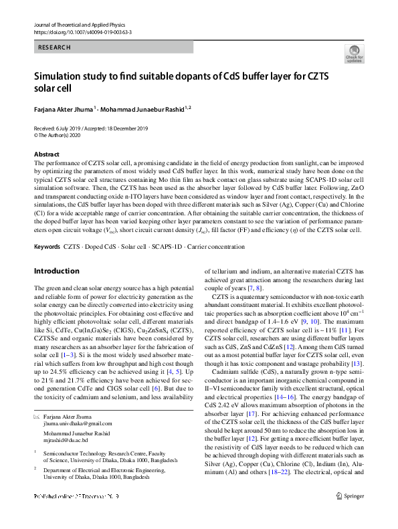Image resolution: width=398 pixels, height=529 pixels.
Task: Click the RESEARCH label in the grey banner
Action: (x=55, y=47)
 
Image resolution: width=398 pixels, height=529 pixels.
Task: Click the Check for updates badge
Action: (x=354, y=54)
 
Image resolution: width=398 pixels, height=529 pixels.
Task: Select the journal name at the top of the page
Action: (x=78, y=25)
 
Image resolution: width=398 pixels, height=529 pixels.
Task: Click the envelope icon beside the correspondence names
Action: (x=37, y=417)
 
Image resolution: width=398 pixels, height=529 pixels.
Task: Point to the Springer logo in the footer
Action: (x=351, y=516)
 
